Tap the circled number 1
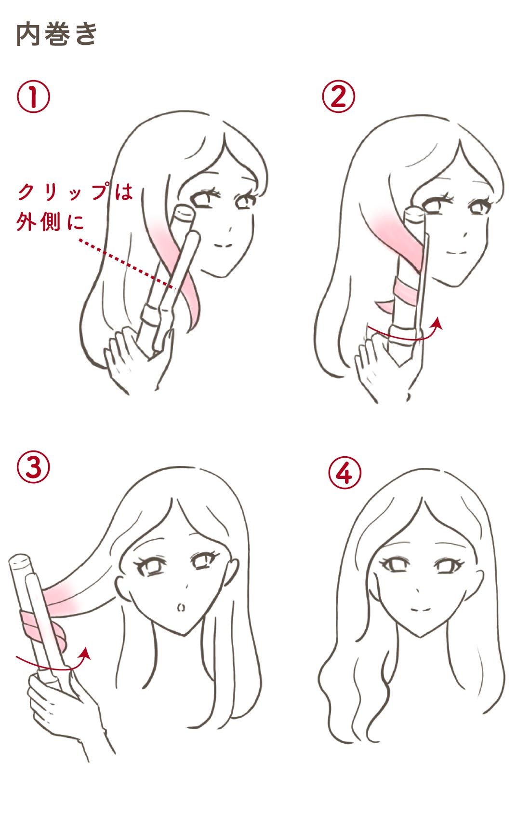click(33, 96)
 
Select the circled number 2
click(338, 96)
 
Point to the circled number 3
click(33, 467)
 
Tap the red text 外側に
click(50, 222)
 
